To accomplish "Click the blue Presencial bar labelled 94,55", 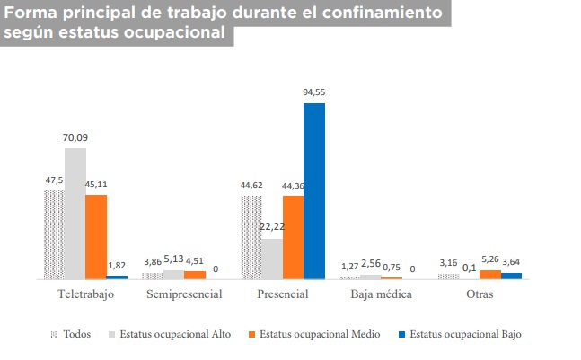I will pyautogui.click(x=314, y=190).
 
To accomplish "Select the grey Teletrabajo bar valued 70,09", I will pyautogui.click(x=75, y=214).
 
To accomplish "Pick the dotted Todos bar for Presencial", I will pyautogui.click(x=251, y=237).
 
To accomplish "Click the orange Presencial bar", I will pyautogui.click(x=293, y=237).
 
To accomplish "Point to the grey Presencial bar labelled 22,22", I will pyautogui.click(x=272, y=259).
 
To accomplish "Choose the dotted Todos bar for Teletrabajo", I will pyautogui.click(x=54, y=234).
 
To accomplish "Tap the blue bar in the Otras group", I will pyautogui.click(x=511, y=276).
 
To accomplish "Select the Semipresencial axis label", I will pyautogui.click(x=185, y=294).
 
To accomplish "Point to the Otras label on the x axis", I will pyautogui.click(x=479, y=294).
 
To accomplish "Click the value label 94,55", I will pyautogui.click(x=314, y=92).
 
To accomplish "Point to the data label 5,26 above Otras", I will pyautogui.click(x=490, y=262).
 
